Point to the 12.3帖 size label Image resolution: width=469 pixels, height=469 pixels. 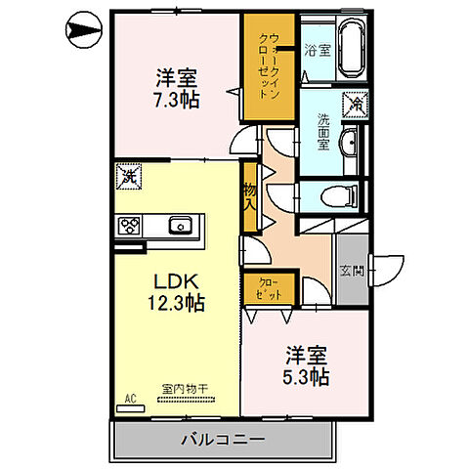click(177, 303)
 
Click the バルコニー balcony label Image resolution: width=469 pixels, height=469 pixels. click(222, 439)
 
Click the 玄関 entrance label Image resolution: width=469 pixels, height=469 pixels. click(352, 271)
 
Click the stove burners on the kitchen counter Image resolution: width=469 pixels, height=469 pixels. click(130, 226)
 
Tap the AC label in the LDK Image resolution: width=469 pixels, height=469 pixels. click(128, 399)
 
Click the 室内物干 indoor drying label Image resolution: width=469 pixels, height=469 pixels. click(179, 389)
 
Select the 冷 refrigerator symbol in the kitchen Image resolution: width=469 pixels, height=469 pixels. click(128, 178)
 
